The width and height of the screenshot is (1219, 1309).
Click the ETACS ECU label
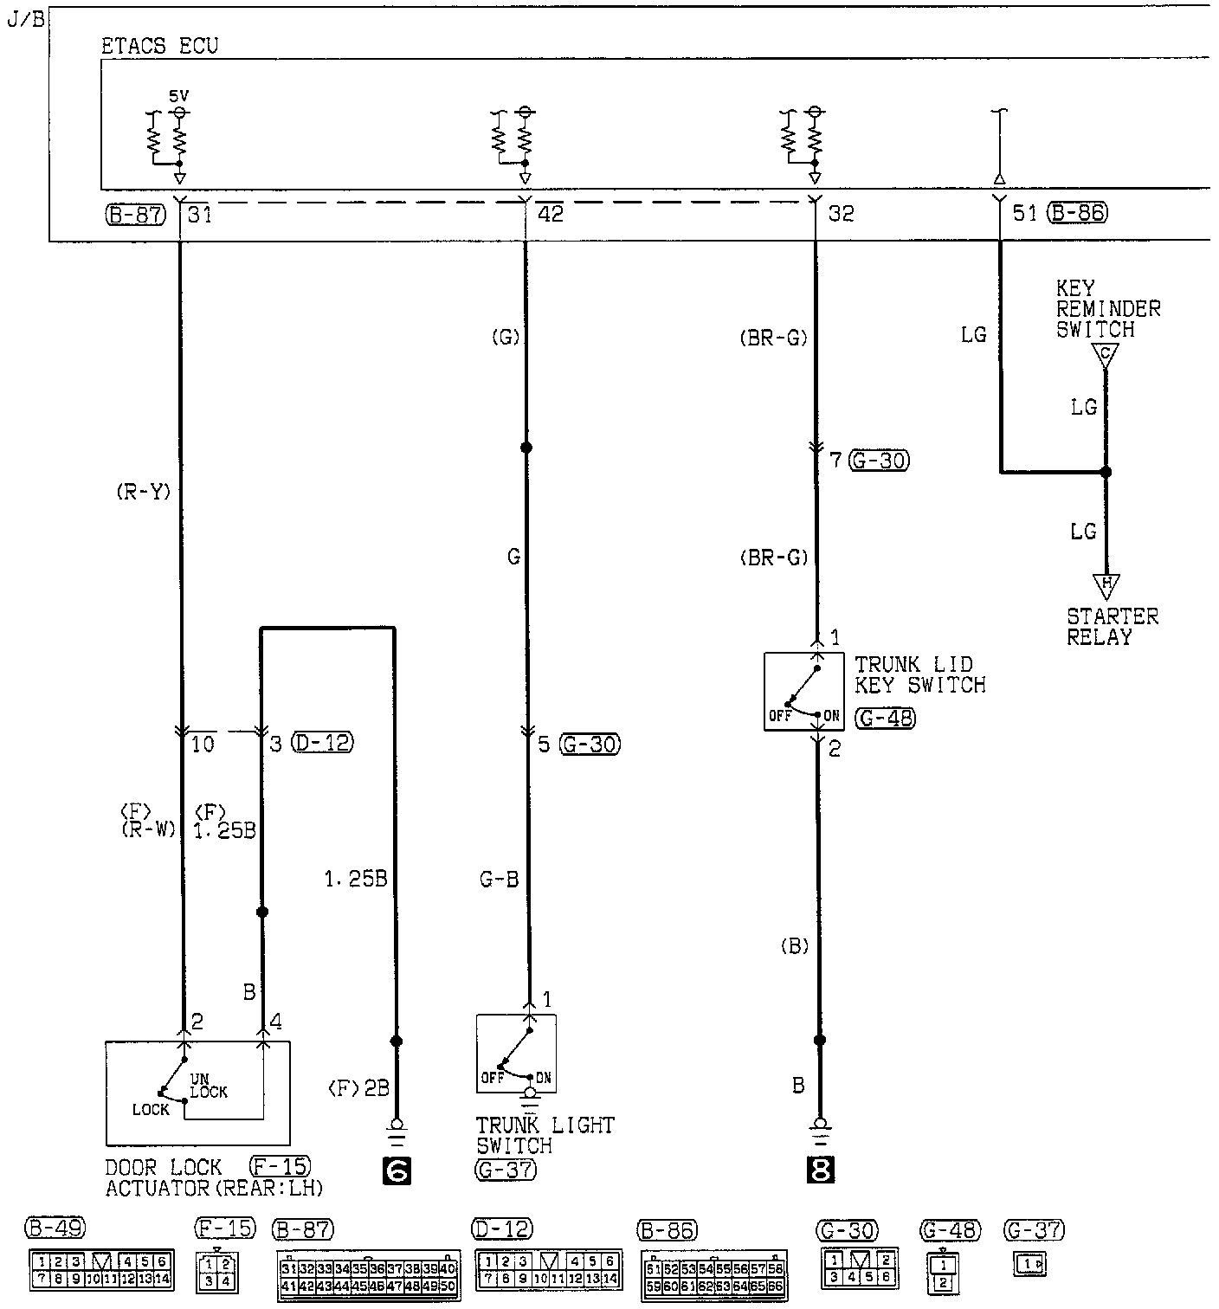160,46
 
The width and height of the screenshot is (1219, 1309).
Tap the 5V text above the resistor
178,98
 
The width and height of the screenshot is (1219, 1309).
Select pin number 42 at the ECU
550,213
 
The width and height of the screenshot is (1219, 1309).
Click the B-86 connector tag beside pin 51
1077,212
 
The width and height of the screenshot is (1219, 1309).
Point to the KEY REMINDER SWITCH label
1107,308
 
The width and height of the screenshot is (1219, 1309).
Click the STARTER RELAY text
1112,627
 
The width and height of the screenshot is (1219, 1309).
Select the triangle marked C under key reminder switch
1105,354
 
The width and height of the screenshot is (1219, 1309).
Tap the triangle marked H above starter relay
1106,584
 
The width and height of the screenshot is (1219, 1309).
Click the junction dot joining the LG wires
1106,472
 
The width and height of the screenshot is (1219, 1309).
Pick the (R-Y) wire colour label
143,492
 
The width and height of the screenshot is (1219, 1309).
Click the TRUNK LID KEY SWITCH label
919,674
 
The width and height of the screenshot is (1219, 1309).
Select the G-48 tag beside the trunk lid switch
885,718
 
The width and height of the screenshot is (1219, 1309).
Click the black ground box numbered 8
820,1170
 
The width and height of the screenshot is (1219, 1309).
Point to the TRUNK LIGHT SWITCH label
545,1135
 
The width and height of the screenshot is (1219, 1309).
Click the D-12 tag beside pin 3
323,743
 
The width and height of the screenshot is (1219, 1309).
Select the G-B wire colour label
500,880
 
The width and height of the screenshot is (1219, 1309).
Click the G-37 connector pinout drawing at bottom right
1030,1265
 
